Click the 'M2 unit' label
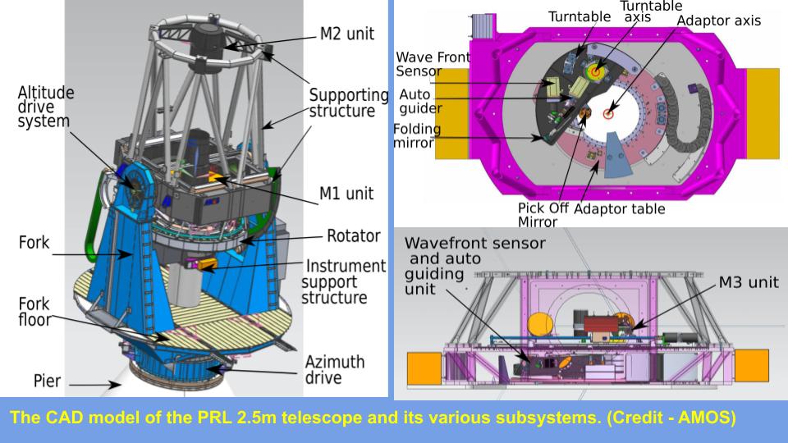click(x=346, y=34)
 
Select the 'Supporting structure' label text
click(x=348, y=103)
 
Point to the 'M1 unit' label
click(x=346, y=194)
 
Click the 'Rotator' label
click(x=353, y=236)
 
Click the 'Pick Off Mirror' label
click(x=541, y=215)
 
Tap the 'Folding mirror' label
click(x=417, y=136)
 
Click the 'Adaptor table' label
click(x=619, y=208)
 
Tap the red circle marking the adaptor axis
click(x=607, y=113)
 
